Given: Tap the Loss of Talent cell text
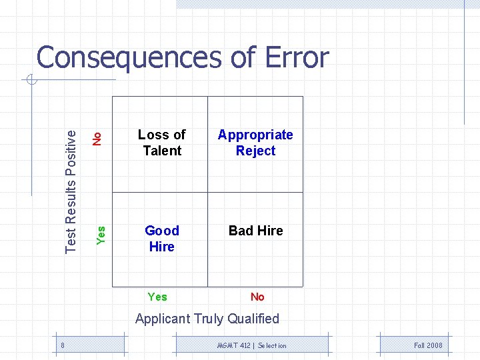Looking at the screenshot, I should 162,143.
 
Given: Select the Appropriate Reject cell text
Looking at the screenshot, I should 255,143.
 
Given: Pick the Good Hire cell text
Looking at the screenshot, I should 162,238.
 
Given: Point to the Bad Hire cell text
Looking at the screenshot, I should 255,231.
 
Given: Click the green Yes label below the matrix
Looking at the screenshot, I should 157,297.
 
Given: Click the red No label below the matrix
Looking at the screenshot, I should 257,297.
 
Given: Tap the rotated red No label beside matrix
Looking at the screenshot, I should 97,139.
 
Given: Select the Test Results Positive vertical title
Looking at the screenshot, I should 71,190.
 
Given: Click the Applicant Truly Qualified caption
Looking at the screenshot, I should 207,319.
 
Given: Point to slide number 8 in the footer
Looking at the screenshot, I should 62,345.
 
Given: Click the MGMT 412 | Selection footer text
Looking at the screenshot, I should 252,345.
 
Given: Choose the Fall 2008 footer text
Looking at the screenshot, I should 428,345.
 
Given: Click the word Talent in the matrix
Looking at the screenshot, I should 162,151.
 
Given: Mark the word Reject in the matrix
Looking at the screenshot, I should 255,151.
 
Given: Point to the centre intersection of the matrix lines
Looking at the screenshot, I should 207,193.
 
